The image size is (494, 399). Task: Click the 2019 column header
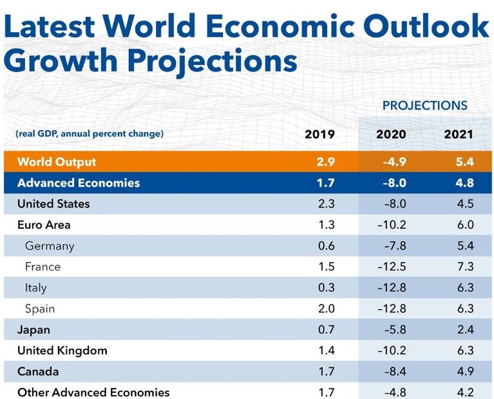319,134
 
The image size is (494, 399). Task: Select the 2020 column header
391,134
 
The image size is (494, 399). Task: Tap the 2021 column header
459,134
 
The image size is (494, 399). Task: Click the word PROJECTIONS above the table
424,106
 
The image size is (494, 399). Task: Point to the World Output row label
57,162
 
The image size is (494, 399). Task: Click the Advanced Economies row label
79,183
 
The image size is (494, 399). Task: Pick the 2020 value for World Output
394,162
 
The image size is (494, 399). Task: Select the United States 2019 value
327,204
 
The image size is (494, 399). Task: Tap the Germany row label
50,246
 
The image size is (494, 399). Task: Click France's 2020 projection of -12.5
392,267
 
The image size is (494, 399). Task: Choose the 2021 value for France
465,267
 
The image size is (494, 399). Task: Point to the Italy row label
36,288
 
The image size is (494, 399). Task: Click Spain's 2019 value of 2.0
327,309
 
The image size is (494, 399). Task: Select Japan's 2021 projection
465,329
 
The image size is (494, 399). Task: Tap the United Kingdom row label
62,351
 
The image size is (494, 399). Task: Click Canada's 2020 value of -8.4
395,371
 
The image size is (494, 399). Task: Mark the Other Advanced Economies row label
93,393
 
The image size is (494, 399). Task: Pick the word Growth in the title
61,60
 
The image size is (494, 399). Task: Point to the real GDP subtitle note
90,133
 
